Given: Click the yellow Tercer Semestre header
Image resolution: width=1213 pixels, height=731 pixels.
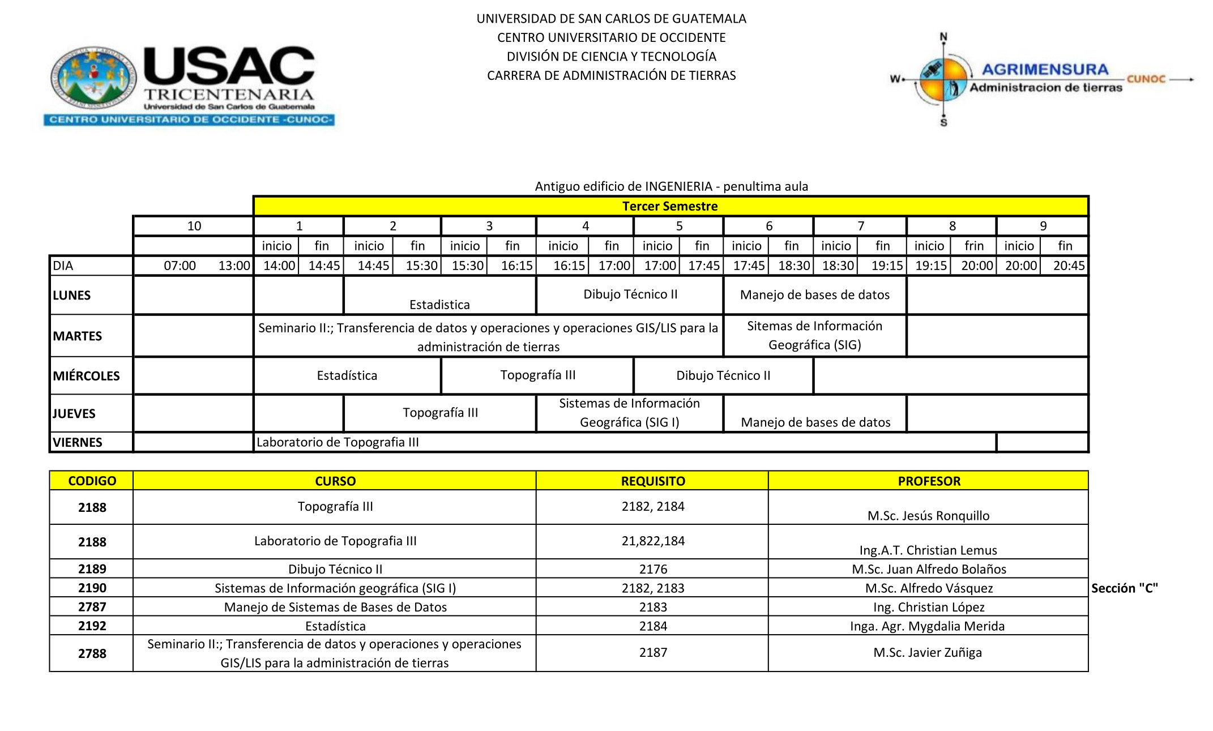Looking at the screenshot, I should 670,206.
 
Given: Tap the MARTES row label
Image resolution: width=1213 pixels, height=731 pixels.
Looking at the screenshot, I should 78,336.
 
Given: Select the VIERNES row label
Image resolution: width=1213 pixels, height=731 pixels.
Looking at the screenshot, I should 78,442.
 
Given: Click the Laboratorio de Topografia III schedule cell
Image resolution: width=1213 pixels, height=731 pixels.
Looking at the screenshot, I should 338,442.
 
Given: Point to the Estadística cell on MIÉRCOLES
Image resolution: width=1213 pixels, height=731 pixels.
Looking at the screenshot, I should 347,375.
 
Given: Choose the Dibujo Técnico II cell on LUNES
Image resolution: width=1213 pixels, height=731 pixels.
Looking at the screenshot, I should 630,294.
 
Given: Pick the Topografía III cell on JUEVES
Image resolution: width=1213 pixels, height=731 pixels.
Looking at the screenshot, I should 440,413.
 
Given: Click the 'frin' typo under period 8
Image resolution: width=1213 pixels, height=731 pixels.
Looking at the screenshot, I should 973,246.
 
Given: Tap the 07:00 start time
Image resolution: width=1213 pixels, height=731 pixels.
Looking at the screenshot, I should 180,266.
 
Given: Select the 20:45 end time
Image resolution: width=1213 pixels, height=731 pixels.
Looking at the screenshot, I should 1069,266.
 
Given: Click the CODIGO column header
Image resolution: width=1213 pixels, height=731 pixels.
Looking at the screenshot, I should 92,481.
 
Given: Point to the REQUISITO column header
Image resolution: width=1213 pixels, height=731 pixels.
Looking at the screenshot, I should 652,481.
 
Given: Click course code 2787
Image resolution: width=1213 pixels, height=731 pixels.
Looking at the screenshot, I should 92,607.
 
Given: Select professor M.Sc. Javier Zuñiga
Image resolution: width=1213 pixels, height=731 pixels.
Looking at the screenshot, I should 928,652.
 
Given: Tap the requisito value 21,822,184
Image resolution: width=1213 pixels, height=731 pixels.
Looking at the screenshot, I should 652,541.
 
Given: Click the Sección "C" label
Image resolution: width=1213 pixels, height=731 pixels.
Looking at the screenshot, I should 1124,588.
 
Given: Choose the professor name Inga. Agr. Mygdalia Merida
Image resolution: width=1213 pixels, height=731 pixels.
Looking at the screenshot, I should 927,626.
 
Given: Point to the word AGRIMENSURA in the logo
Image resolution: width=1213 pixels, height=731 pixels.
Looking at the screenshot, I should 1045,70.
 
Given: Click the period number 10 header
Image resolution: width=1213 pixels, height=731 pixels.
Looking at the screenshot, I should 194,226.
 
